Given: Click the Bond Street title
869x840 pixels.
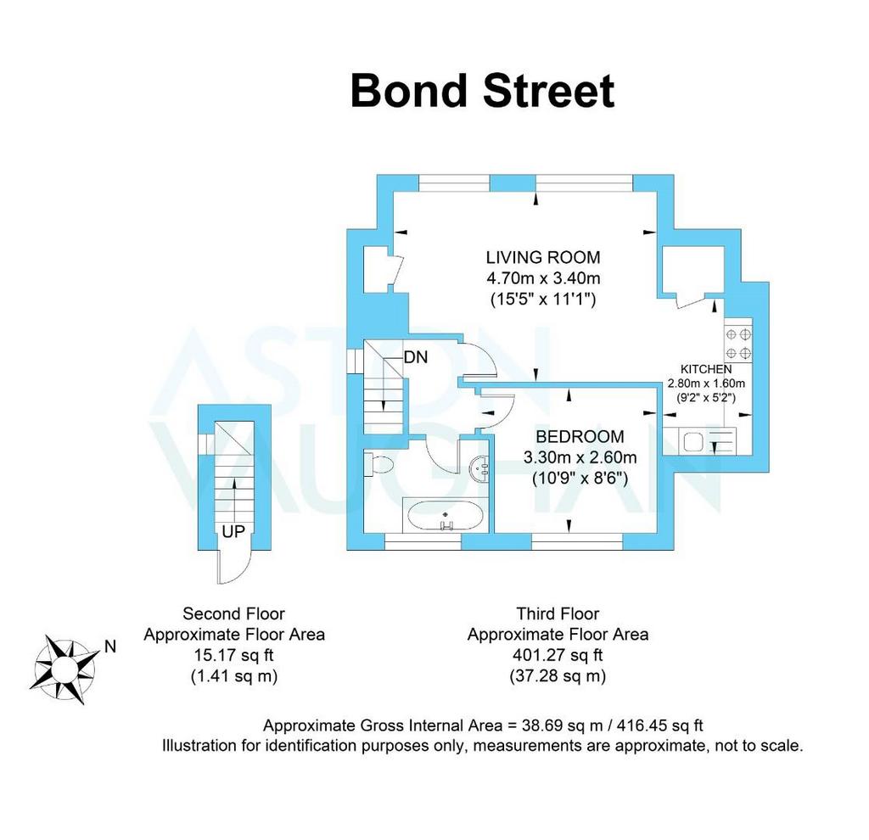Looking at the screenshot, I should click(x=482, y=91).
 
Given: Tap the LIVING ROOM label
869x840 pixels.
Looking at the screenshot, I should click(x=543, y=257).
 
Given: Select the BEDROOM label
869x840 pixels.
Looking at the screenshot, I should click(x=580, y=437).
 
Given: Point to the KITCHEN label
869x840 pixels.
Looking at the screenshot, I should click(x=706, y=370).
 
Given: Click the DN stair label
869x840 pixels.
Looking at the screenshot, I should click(x=416, y=357).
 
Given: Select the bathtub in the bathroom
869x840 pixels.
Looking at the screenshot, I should click(x=446, y=516).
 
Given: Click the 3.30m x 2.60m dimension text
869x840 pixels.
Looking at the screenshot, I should click(x=580, y=458).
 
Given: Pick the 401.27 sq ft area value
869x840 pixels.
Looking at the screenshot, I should click(x=558, y=655).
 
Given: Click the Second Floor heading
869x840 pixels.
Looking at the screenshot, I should click(x=233, y=613).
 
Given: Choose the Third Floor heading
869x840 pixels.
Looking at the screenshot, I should click(x=558, y=613).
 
